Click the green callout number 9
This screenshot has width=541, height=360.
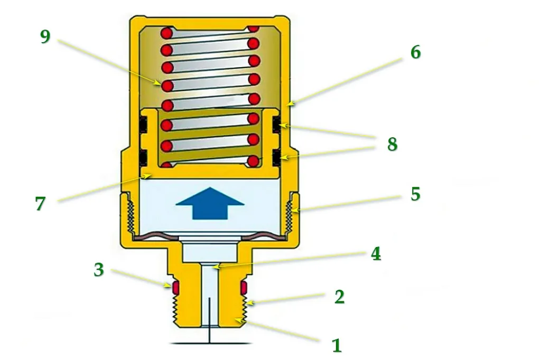[45, 36]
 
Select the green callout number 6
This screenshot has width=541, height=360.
[415, 52]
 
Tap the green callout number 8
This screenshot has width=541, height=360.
[392, 144]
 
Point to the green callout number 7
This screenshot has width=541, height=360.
[40, 203]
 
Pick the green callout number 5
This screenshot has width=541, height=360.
[415, 194]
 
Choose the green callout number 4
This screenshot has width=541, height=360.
[376, 254]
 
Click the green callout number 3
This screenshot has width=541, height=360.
[99, 270]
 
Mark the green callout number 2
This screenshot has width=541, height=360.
[340, 297]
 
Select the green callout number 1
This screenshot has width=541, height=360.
[337, 345]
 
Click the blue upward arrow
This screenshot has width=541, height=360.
[210, 203]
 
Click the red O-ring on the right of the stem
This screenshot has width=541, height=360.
[244, 288]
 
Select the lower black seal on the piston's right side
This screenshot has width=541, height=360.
[276, 158]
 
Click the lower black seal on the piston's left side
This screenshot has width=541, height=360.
[144, 158]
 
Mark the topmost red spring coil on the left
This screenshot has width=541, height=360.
[166, 34]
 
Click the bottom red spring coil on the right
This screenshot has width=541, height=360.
[253, 161]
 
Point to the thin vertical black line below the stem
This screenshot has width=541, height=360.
[209, 320]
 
